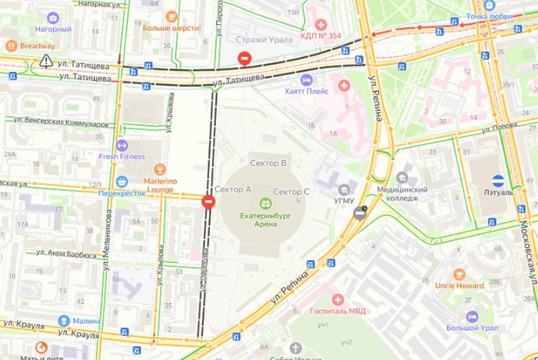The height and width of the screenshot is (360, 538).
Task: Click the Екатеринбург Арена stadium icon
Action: click(x=265, y=204)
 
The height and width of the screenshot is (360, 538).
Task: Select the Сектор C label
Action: click(x=291, y=192)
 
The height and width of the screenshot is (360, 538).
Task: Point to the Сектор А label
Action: click(x=233, y=189)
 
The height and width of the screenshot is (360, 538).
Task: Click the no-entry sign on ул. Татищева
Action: click(x=244, y=58)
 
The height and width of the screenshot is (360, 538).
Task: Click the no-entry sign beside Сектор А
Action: click(x=208, y=202)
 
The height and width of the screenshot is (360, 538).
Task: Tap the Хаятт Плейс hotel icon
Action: click(x=307, y=80)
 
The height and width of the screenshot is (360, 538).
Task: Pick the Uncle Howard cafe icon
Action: click(x=459, y=275)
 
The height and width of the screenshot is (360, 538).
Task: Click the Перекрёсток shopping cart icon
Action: click(x=121, y=182)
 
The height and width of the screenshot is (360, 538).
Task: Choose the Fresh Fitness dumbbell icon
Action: click(x=121, y=145)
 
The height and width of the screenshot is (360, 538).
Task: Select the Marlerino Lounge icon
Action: click(x=161, y=168)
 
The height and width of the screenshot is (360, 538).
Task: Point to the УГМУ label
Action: click(x=344, y=201)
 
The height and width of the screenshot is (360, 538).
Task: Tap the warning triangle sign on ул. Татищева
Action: click(x=46, y=60)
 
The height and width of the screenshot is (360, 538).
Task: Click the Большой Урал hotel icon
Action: click(x=472, y=316)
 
